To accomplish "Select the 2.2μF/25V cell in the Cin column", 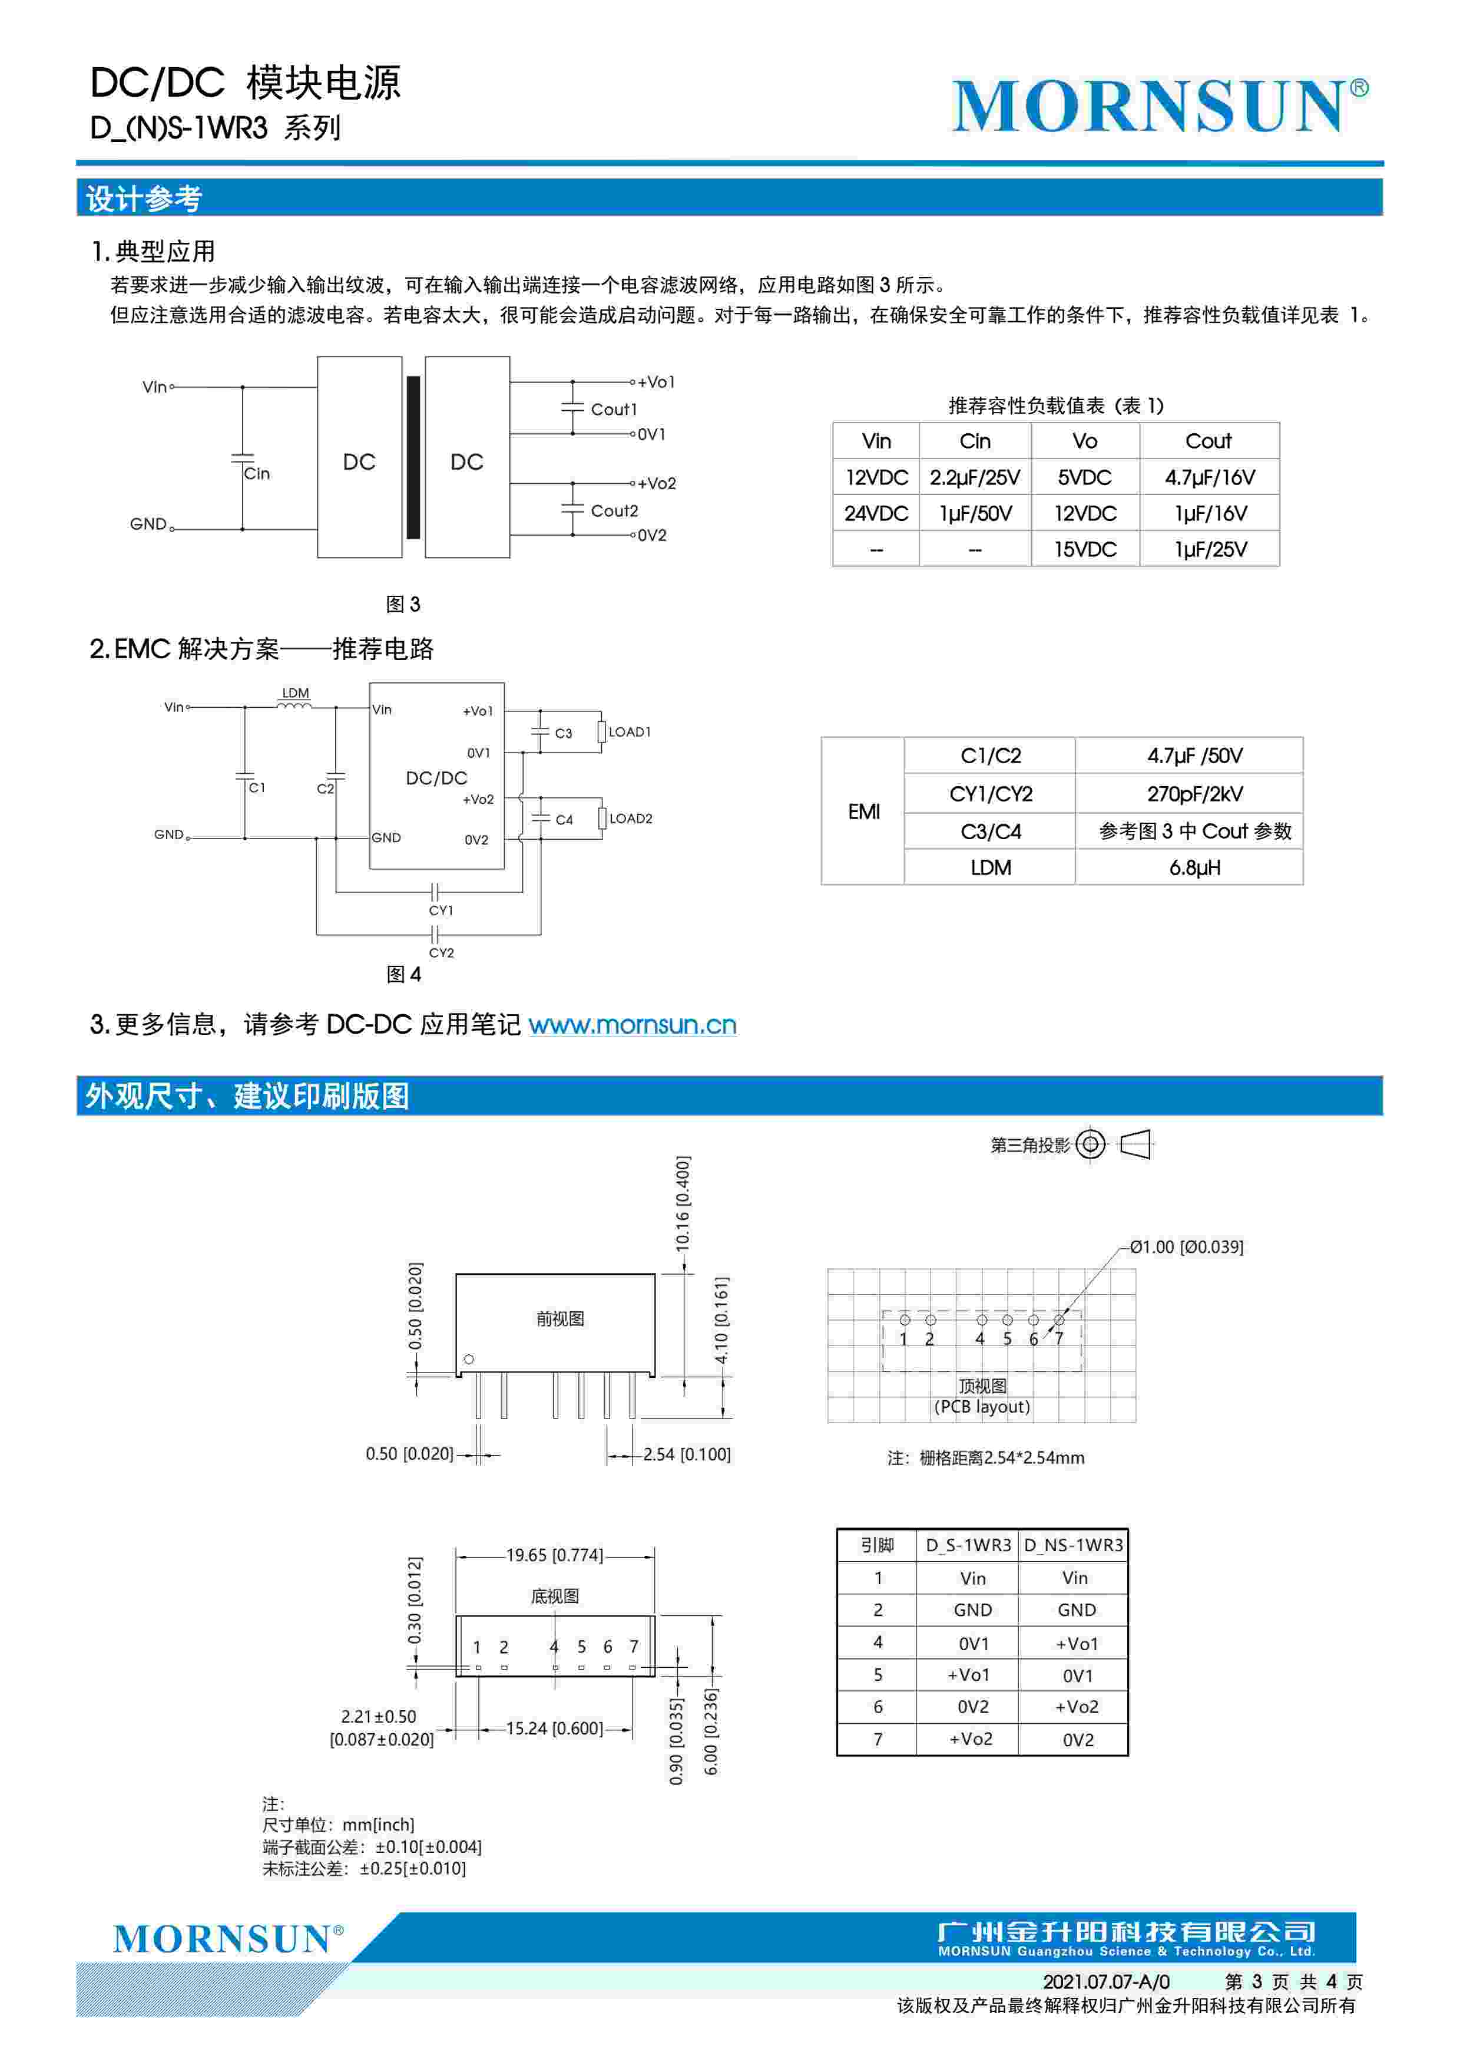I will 975,477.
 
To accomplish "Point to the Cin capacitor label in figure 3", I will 257,473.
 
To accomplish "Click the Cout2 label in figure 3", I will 614,511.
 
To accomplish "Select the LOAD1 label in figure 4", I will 630,732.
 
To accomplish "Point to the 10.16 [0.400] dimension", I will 683,1203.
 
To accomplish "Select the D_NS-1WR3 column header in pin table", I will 1074,1545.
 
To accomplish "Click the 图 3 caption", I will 403,605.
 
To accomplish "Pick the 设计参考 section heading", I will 144,199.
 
